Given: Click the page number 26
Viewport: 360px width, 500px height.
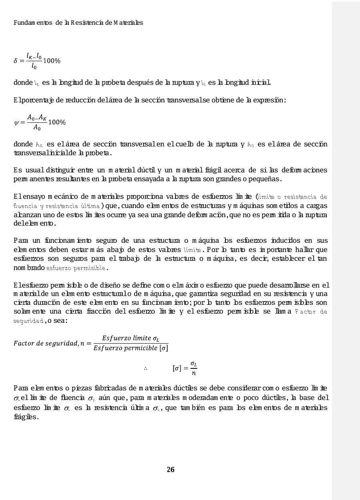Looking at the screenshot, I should click(170, 470).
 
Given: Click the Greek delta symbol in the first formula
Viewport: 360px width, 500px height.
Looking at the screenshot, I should click(16, 61).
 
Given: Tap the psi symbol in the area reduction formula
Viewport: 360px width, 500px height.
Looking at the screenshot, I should click(17, 122).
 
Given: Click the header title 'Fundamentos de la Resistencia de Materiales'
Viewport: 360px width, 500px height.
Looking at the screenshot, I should click(78, 23).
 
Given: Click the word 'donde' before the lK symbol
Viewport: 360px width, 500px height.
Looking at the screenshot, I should click(22, 83).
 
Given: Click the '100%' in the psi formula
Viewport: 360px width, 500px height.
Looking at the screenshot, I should click(57, 122).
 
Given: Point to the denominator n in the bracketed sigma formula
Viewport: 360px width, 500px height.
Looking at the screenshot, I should click(194, 374).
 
